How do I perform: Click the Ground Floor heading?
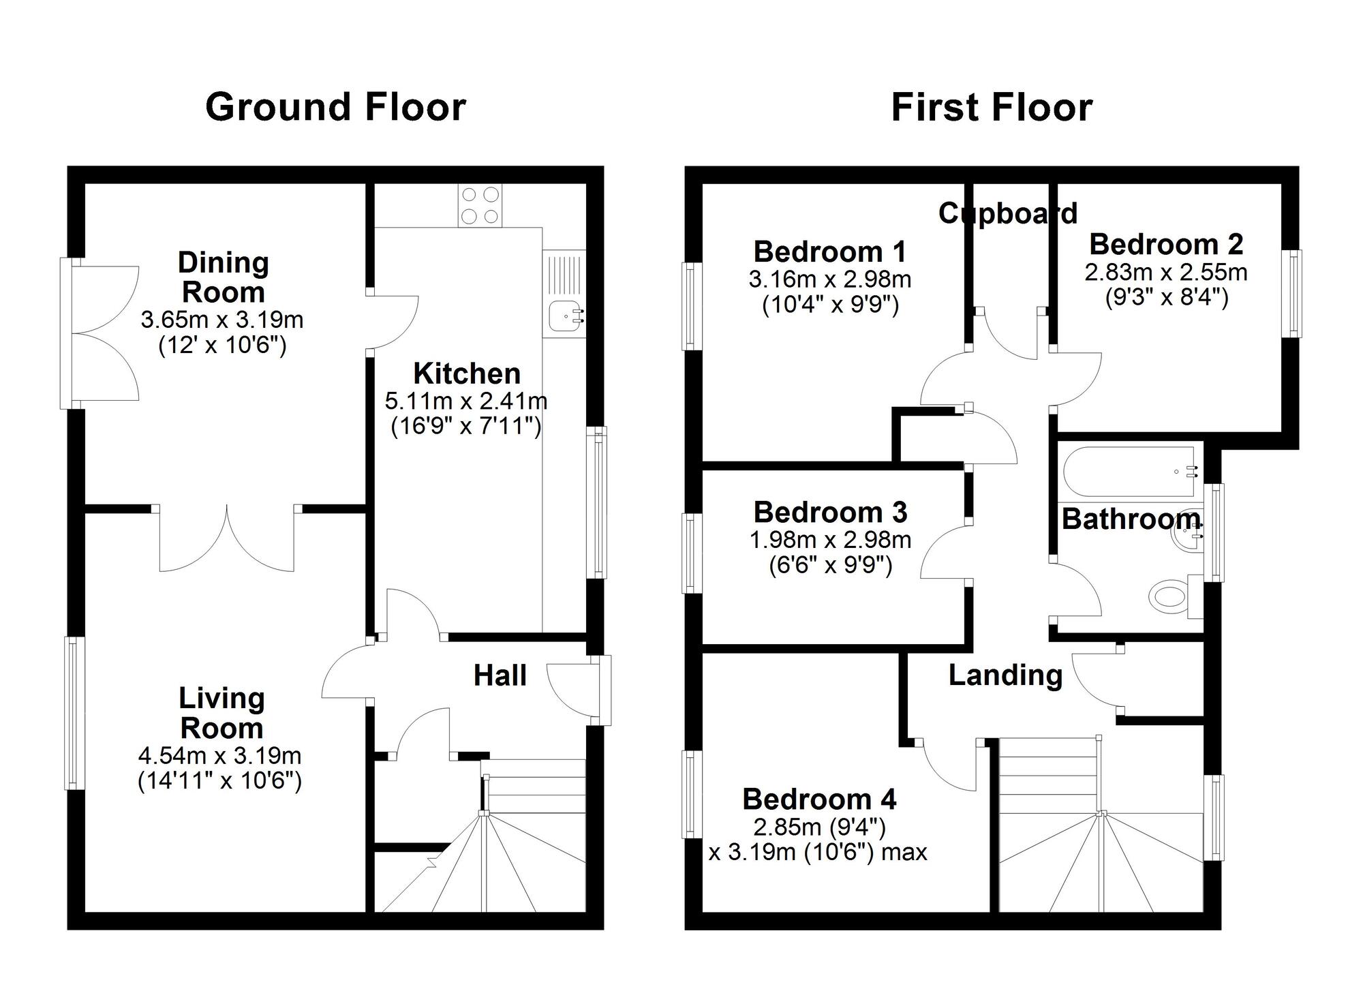(335, 108)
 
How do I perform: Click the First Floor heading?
(992, 108)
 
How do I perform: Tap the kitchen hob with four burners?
(480, 205)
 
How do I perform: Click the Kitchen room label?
(467, 373)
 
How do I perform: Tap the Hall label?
(500, 675)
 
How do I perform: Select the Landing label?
(1005, 675)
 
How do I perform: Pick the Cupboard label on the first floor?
(1007, 213)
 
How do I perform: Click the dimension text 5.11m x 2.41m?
(466, 401)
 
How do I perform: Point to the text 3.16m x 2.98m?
(829, 279)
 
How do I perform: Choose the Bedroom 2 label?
(1165, 244)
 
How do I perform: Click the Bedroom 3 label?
(829, 512)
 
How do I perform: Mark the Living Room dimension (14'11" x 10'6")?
(219, 780)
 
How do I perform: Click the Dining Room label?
(223, 277)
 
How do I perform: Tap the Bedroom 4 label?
(819, 799)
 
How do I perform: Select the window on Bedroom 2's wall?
(1291, 294)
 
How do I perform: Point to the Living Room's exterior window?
(75, 713)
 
